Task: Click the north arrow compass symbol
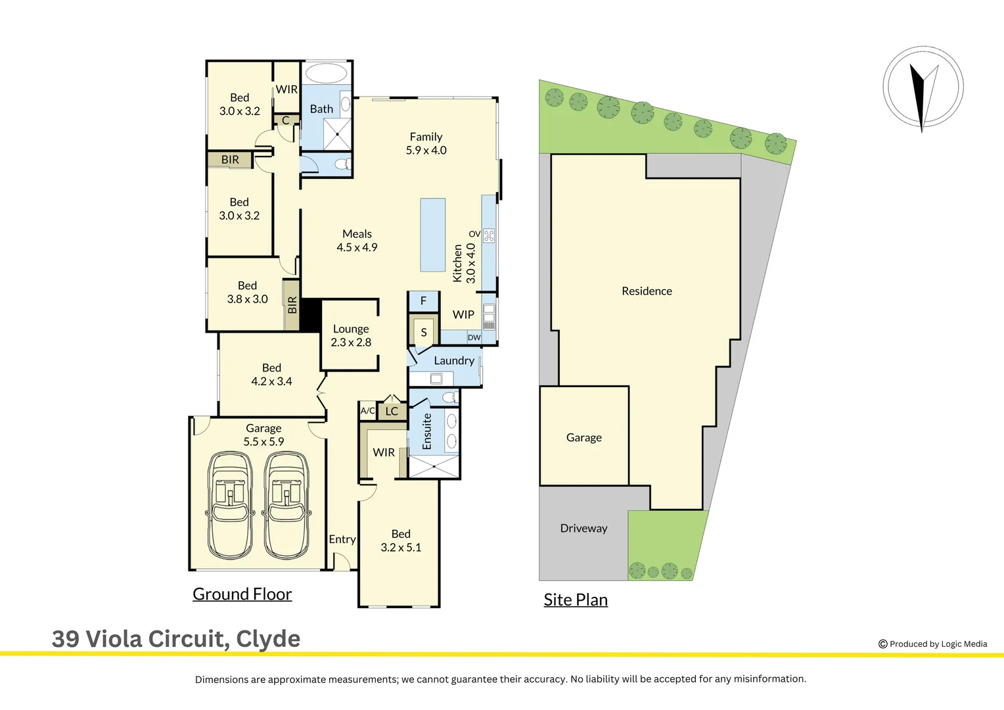pos(923,87)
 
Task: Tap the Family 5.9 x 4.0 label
pos(426,143)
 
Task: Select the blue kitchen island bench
pos(433,235)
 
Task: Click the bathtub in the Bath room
pos(327,73)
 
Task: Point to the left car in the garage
pos(230,504)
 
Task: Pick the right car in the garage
pos(286,504)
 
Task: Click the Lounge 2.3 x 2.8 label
pos(351,335)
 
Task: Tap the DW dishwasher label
pos(474,337)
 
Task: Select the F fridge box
pos(423,300)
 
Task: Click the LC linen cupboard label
pos(392,412)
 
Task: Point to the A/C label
pos(367,411)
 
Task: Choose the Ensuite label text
pos(427,431)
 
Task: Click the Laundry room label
pos(453,360)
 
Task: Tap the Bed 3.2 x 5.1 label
pos(401,540)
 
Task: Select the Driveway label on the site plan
pos(583,528)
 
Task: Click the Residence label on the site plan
pos(647,291)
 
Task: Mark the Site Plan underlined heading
pos(576,600)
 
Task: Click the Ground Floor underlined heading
pos(242,594)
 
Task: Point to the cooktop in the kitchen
pos(489,235)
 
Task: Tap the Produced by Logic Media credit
pos(932,644)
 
